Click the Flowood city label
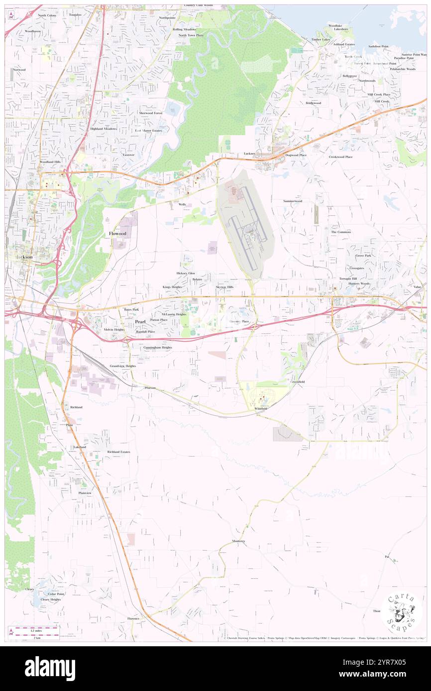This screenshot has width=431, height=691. pos(118,233)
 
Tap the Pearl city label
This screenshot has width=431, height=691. pos(140,322)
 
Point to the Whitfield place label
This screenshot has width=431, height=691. pos(261,409)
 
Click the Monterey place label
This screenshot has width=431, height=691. pos(238,541)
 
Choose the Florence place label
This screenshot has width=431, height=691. pos(133,618)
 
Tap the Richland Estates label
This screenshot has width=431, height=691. pos(118,452)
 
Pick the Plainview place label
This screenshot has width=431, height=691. pos(85,493)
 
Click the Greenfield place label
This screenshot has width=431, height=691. pos(298,382)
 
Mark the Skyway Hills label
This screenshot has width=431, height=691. pos(224,287)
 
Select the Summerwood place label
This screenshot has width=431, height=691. pos(293,201)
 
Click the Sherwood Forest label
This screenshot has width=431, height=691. pos(151,113)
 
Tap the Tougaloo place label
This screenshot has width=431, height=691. pos(75,15)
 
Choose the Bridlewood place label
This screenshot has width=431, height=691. pos(314,103)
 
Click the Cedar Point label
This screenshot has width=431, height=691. pos(56,594)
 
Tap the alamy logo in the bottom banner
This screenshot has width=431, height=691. pos(50,669)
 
